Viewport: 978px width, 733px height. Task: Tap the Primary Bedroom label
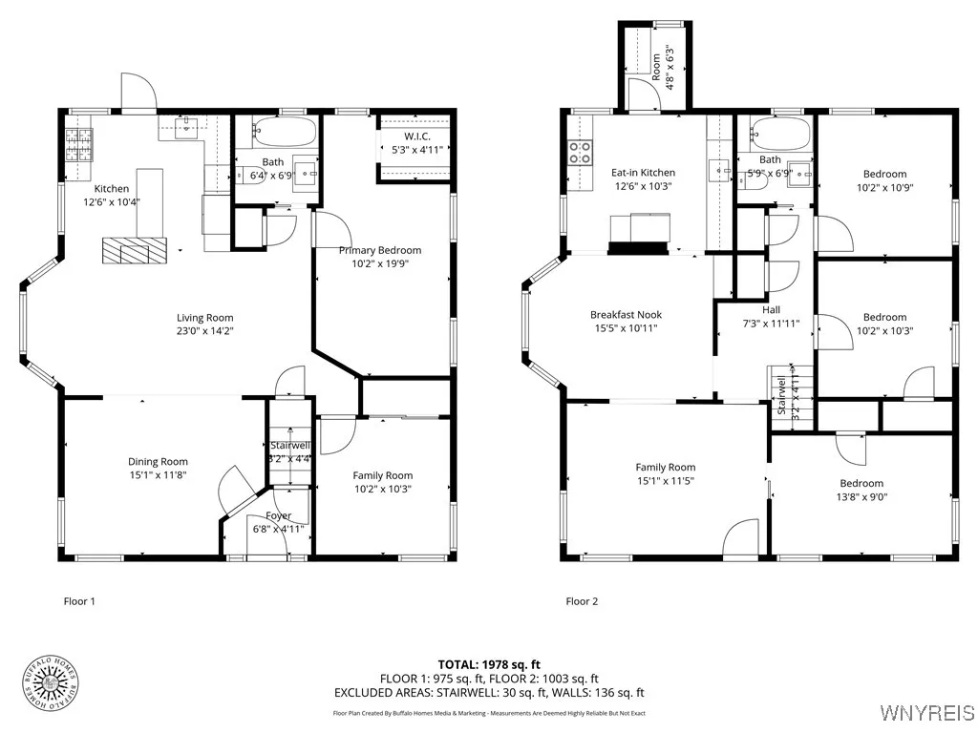coord(379,250)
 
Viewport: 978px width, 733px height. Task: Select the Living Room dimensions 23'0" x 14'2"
coord(204,331)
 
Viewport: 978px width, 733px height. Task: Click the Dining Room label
coord(159,461)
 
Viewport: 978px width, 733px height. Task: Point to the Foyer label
coord(278,515)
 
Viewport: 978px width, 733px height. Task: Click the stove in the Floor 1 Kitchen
coord(78,143)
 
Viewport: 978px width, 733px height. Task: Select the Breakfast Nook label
coord(626,314)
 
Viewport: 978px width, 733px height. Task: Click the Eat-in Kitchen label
coord(643,173)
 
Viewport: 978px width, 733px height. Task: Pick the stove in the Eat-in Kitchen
coord(581,152)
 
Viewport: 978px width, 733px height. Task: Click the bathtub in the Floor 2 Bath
coord(779,131)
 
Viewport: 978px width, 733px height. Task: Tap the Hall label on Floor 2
coord(771,309)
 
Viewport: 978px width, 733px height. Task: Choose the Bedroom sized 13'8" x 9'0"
coord(861,483)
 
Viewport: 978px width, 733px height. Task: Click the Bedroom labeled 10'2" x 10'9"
coord(884,174)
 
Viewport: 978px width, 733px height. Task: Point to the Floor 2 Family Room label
coord(666,467)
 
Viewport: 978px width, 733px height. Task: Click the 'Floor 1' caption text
coord(79,601)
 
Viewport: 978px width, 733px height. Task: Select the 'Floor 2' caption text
coord(582,601)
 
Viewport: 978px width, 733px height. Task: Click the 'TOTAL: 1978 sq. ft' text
coord(489,664)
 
